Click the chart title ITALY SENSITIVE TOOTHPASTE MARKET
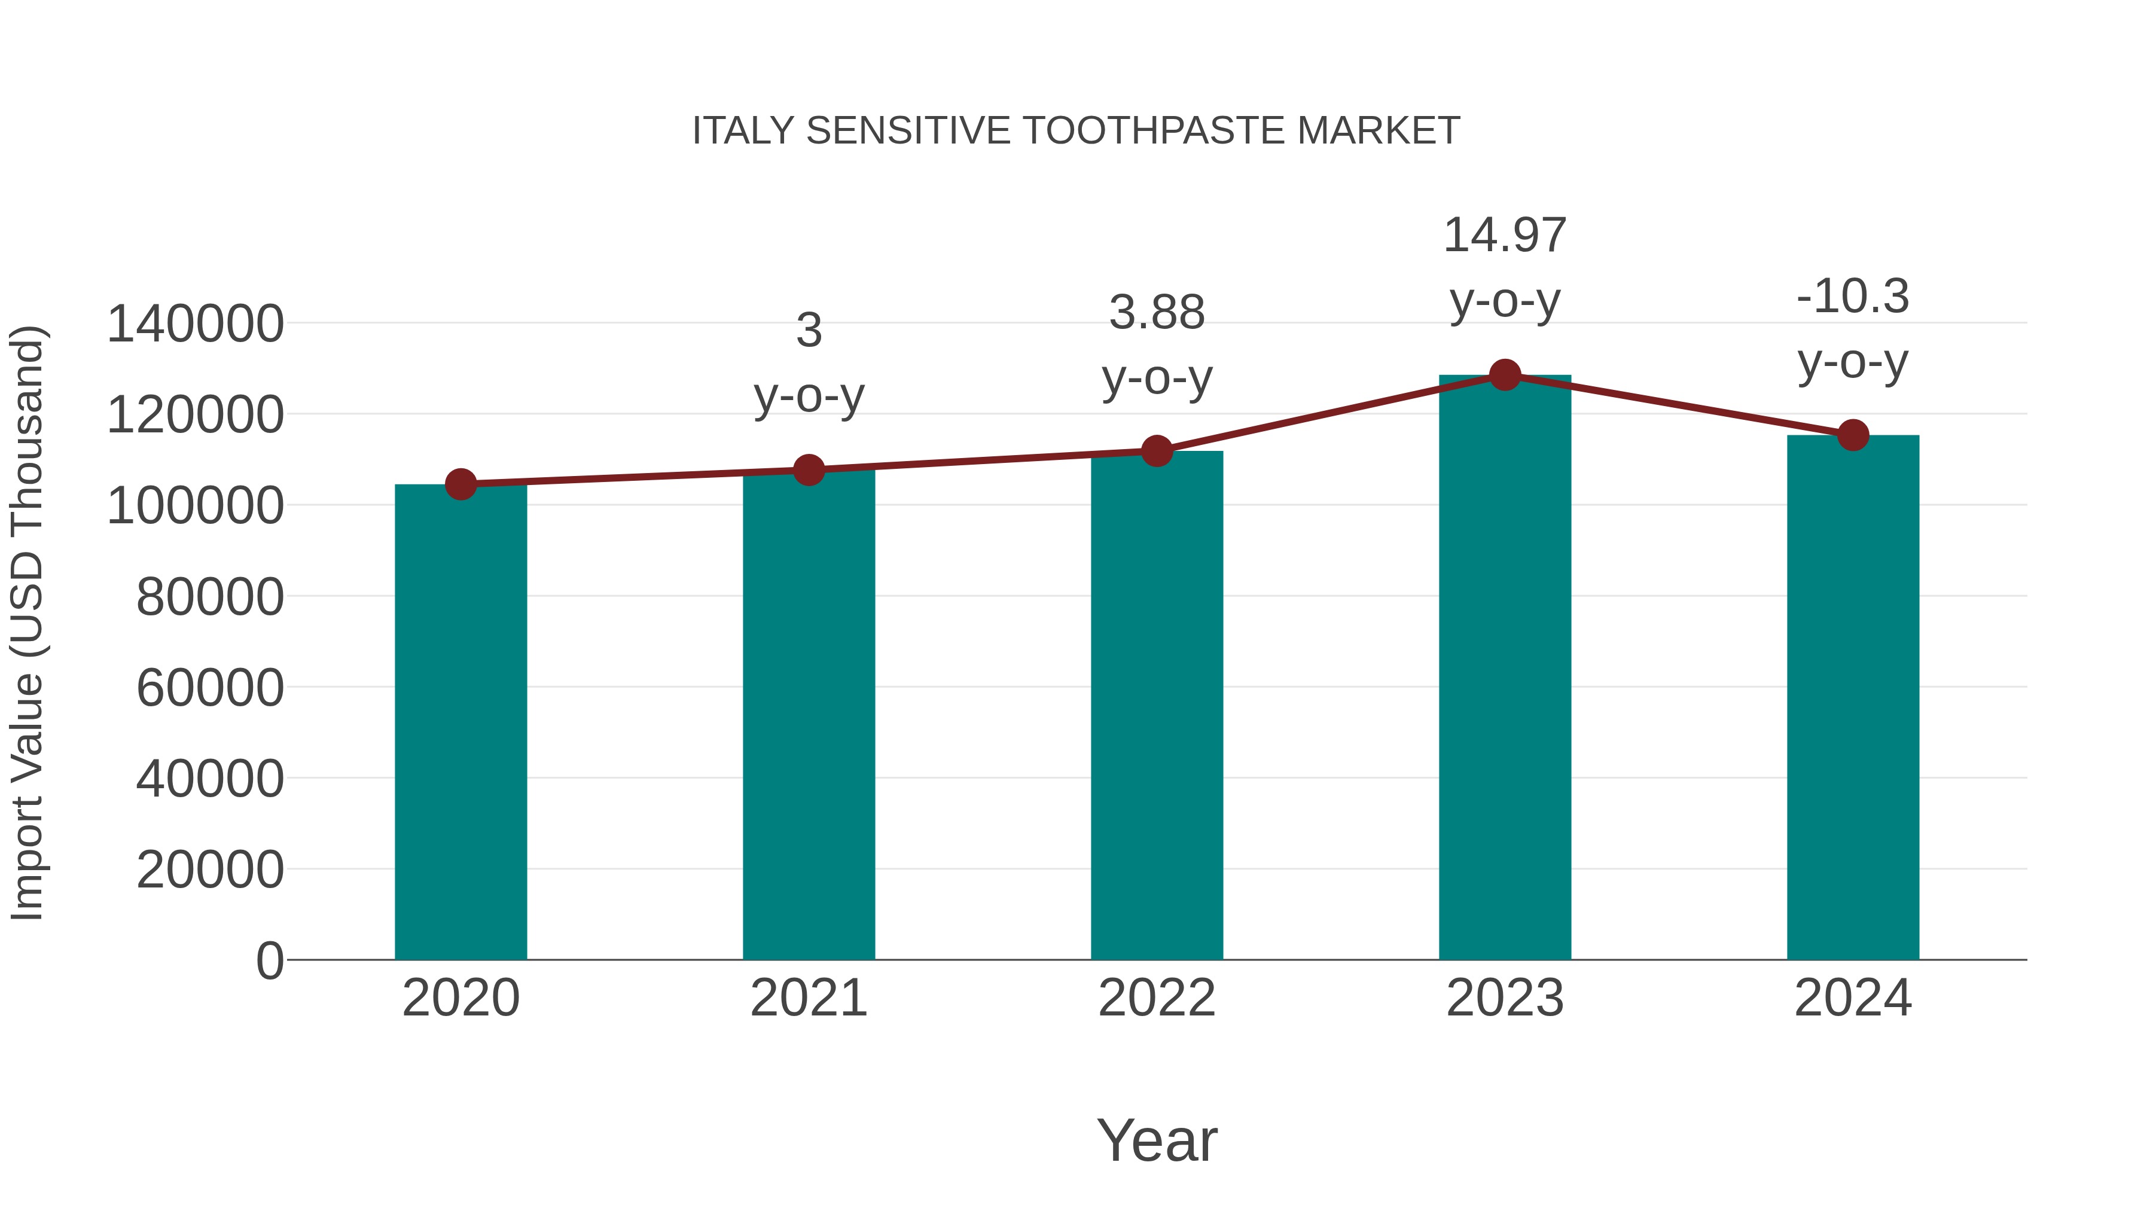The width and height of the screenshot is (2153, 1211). pyautogui.click(x=1076, y=131)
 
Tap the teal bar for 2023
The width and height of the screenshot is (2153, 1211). pyautogui.click(x=1505, y=669)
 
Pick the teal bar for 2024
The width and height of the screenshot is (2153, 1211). pyautogui.click(x=1853, y=698)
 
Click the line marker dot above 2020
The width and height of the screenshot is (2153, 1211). pyautogui.click(x=461, y=484)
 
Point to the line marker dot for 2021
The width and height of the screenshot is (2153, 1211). pyautogui.click(x=808, y=469)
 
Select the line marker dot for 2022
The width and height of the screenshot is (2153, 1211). pyautogui.click(x=1157, y=452)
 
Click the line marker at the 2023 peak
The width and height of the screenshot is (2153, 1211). pyautogui.click(x=1505, y=375)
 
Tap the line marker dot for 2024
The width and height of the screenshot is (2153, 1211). pyautogui.click(x=1853, y=435)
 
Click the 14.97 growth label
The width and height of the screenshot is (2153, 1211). pyautogui.click(x=1505, y=236)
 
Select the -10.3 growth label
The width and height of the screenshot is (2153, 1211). pyautogui.click(x=1853, y=297)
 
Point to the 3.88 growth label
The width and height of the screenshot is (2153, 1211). pyautogui.click(x=1157, y=313)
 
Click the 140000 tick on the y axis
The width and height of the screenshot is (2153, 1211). pyautogui.click(x=196, y=324)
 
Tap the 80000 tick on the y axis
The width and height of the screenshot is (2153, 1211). pyautogui.click(x=210, y=597)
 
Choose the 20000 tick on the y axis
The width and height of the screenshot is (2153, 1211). pyautogui.click(x=210, y=870)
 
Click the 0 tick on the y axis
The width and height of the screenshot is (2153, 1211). pyautogui.click(x=270, y=961)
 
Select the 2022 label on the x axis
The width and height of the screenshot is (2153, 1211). pyautogui.click(x=1157, y=998)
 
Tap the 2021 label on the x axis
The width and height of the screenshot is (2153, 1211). pyautogui.click(x=808, y=998)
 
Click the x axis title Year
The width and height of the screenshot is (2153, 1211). pyautogui.click(x=1157, y=1140)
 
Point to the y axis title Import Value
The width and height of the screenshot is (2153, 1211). pyautogui.click(x=27, y=623)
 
